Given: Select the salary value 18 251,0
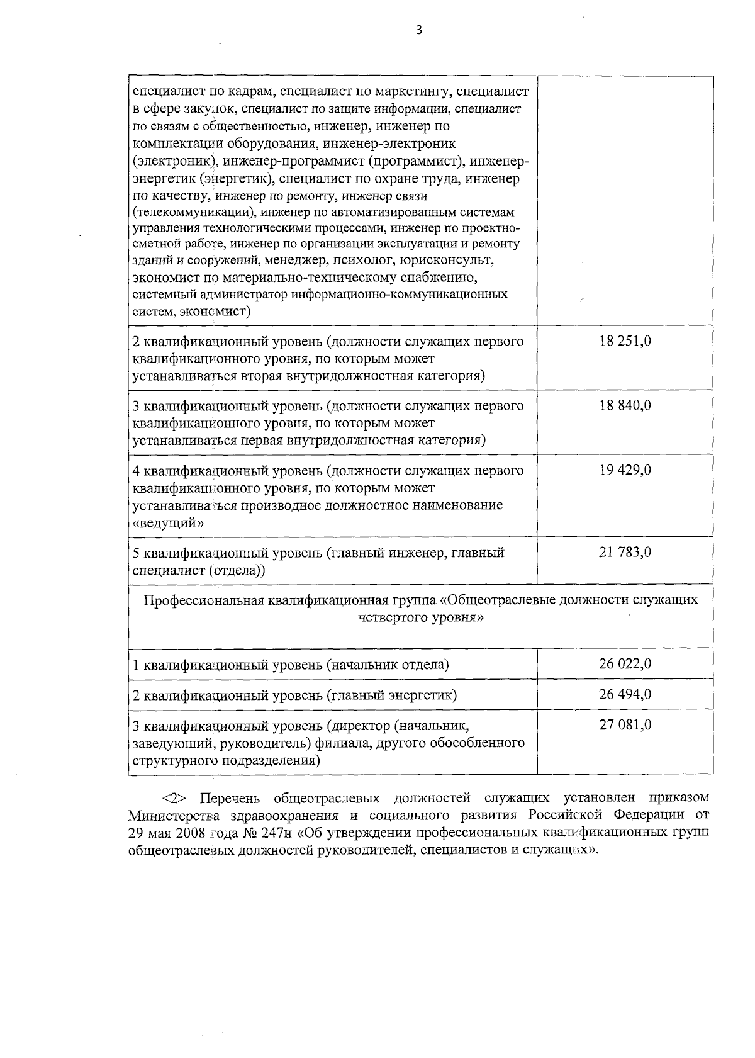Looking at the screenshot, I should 625,341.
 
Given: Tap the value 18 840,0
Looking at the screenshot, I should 625,405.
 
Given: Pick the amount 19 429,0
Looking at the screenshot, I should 625,470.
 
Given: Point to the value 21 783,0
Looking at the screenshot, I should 625,553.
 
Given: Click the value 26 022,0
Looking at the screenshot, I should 625,663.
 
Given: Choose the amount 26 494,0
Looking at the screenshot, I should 625,694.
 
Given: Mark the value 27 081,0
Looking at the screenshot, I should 625,725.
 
